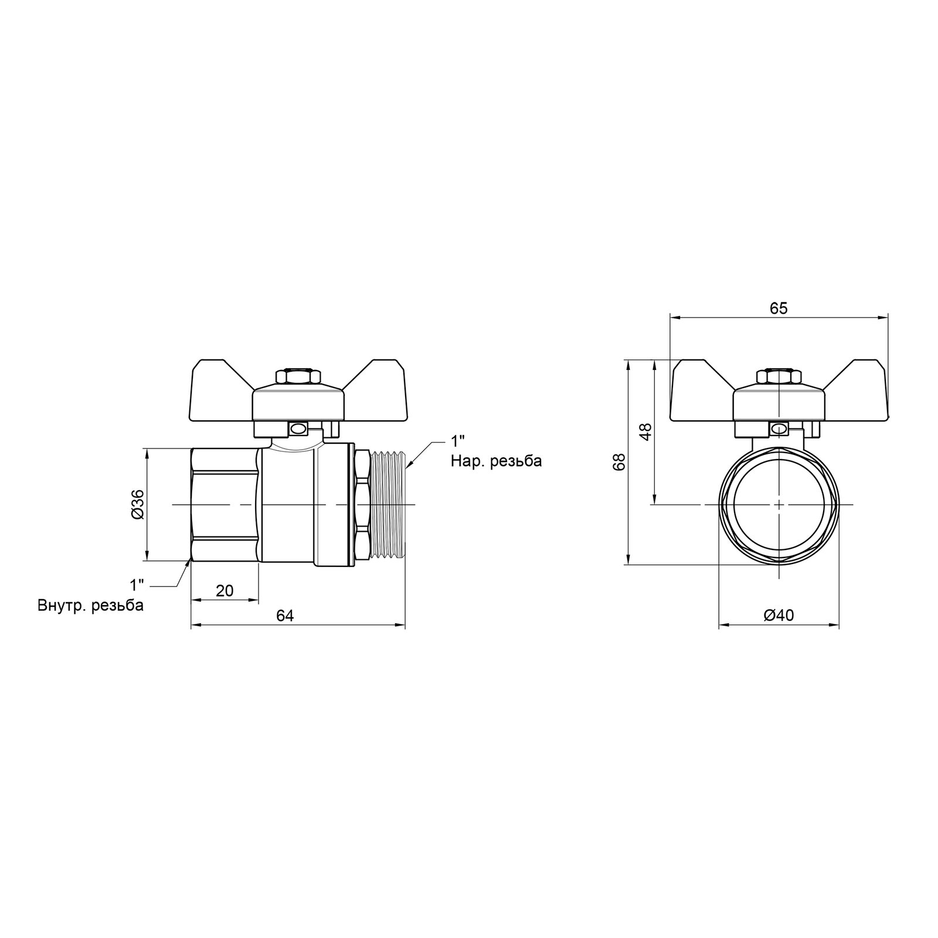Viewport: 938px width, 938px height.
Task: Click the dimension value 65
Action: tap(779, 308)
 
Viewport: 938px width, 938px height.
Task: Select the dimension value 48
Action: tap(645, 432)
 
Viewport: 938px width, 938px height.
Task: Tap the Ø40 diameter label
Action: tap(779, 616)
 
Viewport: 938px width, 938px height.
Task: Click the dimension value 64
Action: tap(285, 616)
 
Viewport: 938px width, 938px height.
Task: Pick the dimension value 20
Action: tap(224, 590)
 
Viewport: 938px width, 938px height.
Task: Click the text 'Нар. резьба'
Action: tap(497, 461)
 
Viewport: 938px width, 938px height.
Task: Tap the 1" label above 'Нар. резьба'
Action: tap(458, 441)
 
